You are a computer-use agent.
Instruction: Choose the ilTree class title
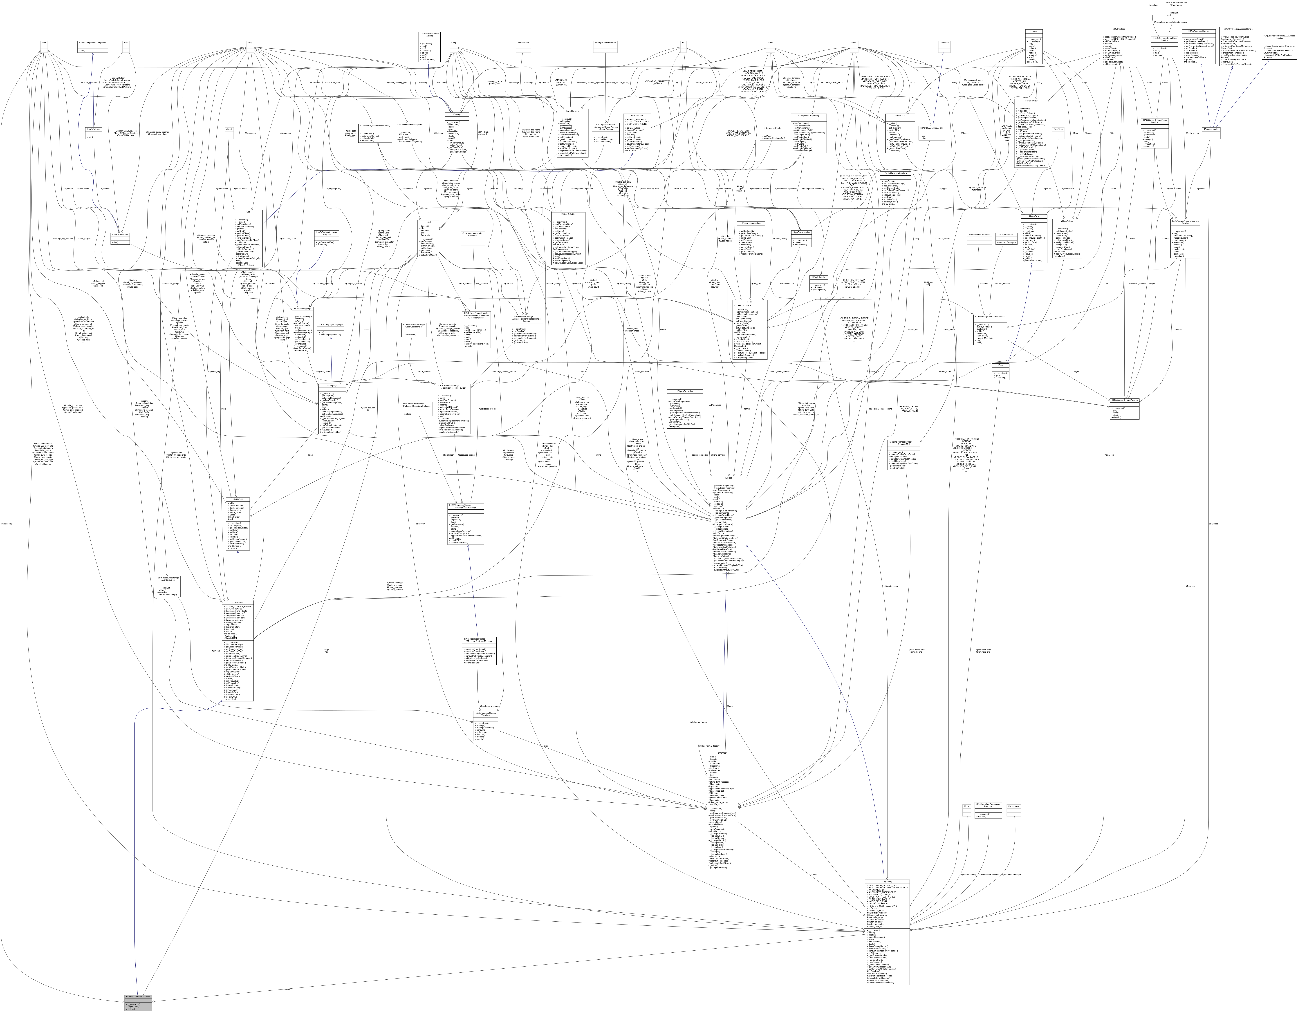750,301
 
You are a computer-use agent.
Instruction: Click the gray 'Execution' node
1153,5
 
